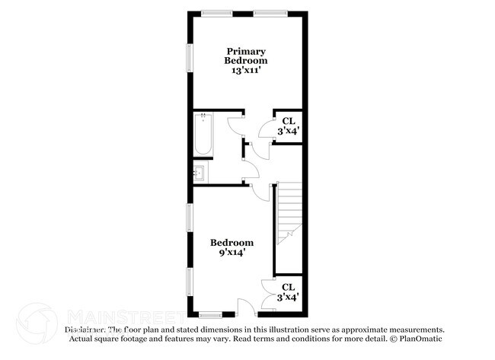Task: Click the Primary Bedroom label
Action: pyautogui.click(x=246, y=56)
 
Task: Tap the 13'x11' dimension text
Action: pyautogui.click(x=246, y=69)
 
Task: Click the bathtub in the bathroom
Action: pyautogui.click(x=203, y=134)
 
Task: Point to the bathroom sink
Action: pyautogui.click(x=200, y=173)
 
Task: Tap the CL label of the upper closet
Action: pyautogui.click(x=289, y=121)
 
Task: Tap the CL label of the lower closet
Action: pyautogui.click(x=288, y=287)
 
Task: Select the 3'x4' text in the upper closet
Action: pyautogui.click(x=289, y=131)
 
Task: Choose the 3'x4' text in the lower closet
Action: pyautogui.click(x=288, y=298)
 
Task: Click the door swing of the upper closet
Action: pyautogui.click(x=267, y=129)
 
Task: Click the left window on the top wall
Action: pyautogui.click(x=217, y=13)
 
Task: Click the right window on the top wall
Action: pyautogui.click(x=270, y=13)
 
